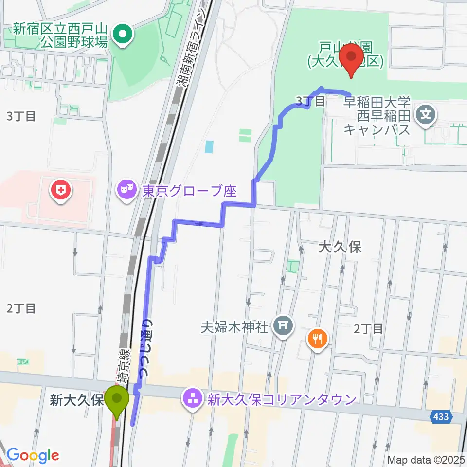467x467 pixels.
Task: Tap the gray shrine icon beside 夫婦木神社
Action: (283, 326)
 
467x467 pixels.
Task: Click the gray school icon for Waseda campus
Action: (426, 115)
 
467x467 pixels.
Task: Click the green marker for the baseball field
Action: (123, 34)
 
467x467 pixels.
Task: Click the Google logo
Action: (33, 455)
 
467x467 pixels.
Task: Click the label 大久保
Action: (340, 247)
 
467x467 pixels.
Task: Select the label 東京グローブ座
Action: (189, 191)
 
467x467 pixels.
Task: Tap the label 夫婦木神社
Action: (235, 326)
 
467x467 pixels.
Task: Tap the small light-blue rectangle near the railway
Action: (209, 146)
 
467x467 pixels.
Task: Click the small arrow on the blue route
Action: (199, 224)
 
